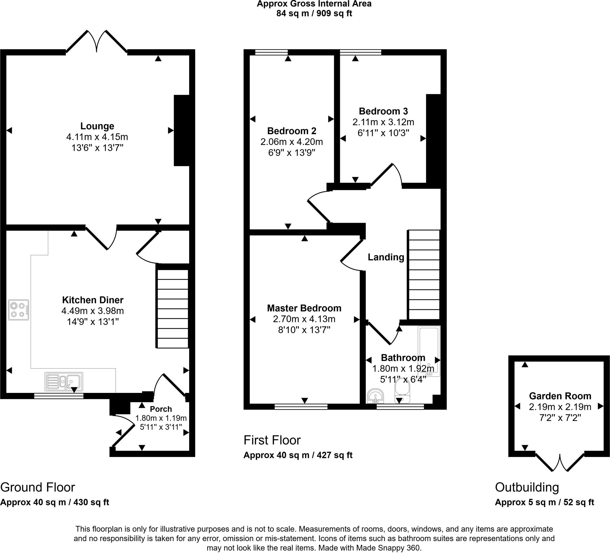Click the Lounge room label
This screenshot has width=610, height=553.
click(x=97, y=126)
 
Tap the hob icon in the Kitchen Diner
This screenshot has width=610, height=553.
click(x=18, y=310)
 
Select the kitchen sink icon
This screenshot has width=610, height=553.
click(x=64, y=381)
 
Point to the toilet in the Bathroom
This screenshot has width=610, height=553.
click(x=402, y=391)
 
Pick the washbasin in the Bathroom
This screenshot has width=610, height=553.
click(x=375, y=396)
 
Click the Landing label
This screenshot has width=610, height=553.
click(x=386, y=257)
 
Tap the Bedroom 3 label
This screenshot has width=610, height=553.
click(x=383, y=111)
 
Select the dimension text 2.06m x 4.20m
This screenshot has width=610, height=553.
click(x=291, y=142)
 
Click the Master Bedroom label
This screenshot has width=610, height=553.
click(x=304, y=308)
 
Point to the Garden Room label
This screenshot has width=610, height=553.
click(x=560, y=396)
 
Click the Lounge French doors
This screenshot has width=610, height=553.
click(x=97, y=41)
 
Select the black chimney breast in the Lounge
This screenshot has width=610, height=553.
click(x=181, y=131)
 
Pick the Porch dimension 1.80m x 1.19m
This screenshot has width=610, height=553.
click(x=161, y=418)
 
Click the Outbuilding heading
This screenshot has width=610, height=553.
click(x=527, y=487)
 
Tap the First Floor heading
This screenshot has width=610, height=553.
click(x=272, y=440)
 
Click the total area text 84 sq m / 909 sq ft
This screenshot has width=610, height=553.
click(x=314, y=14)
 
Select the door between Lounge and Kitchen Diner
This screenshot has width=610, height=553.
click(x=101, y=238)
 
